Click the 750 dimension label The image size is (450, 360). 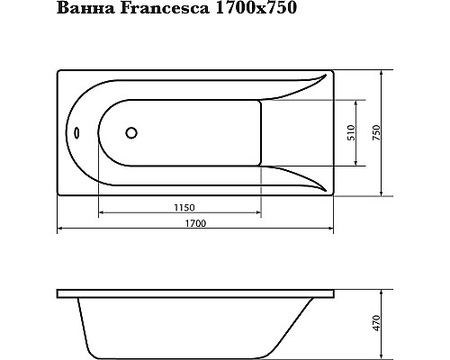coord(377,132)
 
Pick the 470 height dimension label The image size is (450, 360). coord(377,321)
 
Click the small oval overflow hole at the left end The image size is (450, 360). coord(76,134)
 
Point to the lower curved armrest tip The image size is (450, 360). coord(319,188)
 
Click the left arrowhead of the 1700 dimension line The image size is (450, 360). coord(60,230)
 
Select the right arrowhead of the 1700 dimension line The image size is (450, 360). coord(330,230)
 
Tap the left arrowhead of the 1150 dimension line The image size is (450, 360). coord(101,213)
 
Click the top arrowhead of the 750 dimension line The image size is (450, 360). coord(384,73)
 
